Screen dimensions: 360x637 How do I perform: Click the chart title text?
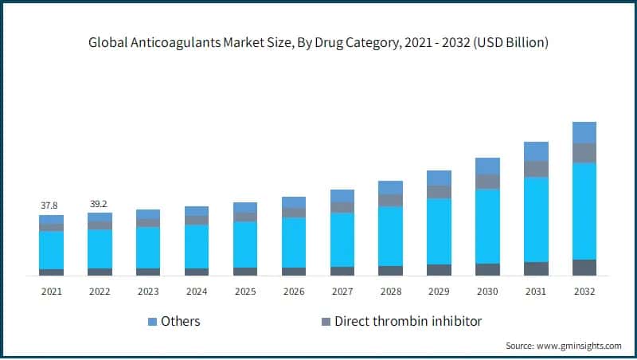coord(318,42)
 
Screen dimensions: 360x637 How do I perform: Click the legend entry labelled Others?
coord(180,322)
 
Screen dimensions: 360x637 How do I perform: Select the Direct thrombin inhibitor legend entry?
coord(408,322)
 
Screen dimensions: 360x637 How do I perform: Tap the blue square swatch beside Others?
coord(151,322)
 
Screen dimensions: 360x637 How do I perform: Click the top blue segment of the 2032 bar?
coord(584,132)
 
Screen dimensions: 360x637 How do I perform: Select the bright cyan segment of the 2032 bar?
coord(584,210)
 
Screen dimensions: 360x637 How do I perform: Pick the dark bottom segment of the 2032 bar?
coord(584,268)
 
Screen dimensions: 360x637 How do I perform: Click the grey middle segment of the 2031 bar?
coord(536,169)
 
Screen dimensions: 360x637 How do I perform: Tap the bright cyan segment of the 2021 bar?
coord(51,250)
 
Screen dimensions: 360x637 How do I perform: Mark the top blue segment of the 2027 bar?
coord(342,196)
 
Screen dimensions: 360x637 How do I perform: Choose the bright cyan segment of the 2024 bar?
coord(197,246)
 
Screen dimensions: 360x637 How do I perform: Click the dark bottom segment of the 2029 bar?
coord(439,270)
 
